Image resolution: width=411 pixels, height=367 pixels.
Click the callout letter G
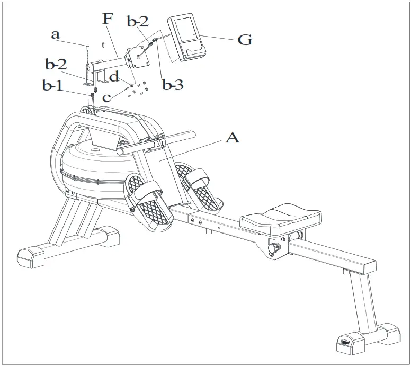[244, 39]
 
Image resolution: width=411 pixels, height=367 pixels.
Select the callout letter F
[108, 20]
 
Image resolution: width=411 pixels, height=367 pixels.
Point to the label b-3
[172, 85]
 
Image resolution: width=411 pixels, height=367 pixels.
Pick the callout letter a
[55, 34]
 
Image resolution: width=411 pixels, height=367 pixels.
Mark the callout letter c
[108, 97]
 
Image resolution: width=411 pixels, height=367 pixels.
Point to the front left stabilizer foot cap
[32, 256]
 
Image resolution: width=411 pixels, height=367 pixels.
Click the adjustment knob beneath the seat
[275, 248]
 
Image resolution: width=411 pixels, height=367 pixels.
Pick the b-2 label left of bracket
[55, 65]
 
